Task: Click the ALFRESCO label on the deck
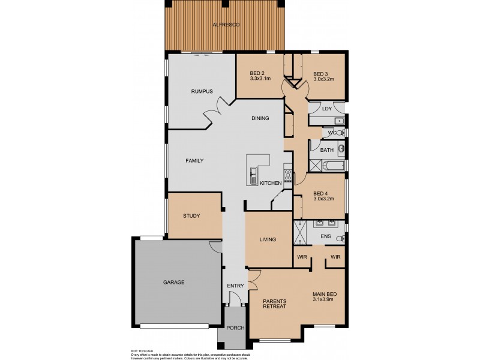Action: coord(225,25)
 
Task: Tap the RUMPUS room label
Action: coord(202,91)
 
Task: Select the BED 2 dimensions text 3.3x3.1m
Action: coord(260,79)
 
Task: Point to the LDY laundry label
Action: coord(326,109)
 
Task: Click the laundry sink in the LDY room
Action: coord(340,121)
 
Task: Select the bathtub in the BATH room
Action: coord(333,165)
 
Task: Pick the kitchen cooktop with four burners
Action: coord(288,176)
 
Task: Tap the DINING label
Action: coord(260,118)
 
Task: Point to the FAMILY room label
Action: coord(194,161)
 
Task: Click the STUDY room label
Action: coord(191,216)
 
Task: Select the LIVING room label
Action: coord(268,240)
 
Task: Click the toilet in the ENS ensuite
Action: coord(340,239)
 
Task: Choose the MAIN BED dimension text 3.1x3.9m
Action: coord(324,299)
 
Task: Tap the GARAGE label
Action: coord(173,282)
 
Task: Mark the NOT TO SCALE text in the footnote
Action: coord(142,350)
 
